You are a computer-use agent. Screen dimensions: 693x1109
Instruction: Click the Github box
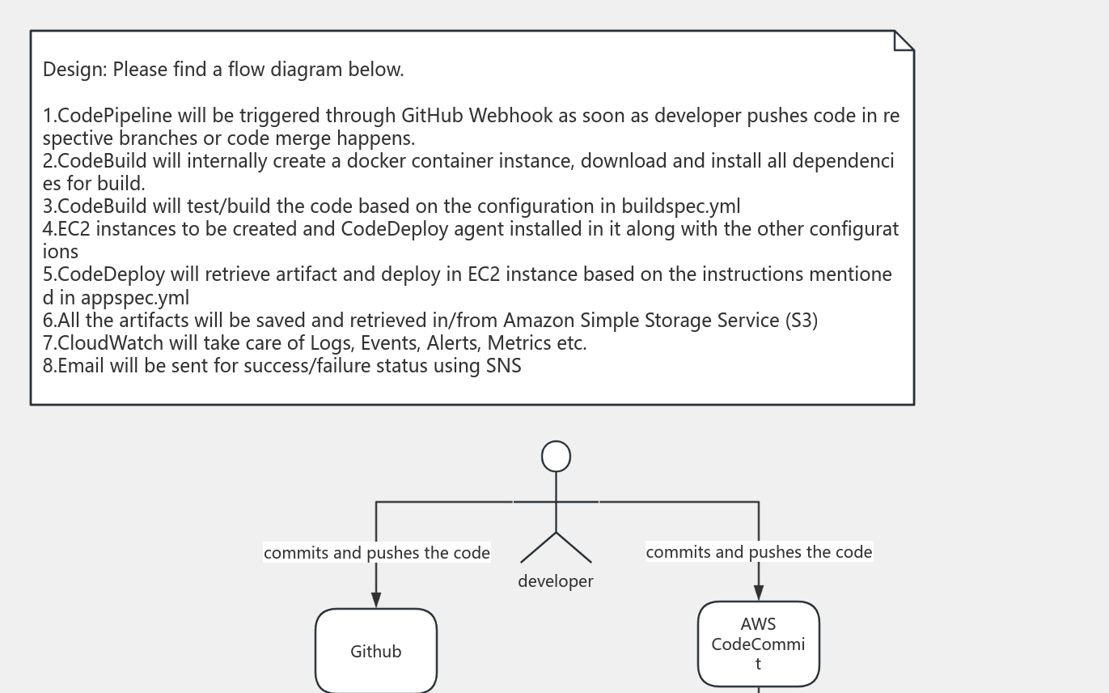tap(376, 651)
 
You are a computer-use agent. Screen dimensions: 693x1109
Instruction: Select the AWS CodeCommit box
tap(758, 644)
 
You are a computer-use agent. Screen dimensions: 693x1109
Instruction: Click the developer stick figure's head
tap(556, 457)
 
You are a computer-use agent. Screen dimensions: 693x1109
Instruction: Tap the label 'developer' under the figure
tap(556, 581)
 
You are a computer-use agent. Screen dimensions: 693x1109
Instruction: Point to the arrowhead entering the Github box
tap(376, 599)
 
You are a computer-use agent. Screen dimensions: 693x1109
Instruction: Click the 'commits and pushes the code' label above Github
tap(376, 553)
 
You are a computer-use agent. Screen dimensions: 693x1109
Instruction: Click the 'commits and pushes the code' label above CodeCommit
tap(759, 552)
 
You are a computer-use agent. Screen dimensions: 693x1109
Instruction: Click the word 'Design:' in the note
tap(74, 70)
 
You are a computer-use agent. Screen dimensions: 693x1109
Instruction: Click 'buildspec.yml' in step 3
tap(680, 206)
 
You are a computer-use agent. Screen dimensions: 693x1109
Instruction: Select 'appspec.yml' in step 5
tap(135, 298)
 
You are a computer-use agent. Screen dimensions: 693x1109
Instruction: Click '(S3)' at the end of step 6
tap(801, 321)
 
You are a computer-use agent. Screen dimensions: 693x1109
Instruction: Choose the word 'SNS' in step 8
tap(503, 366)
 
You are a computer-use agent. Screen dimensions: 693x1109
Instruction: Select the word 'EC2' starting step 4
tap(74, 229)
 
